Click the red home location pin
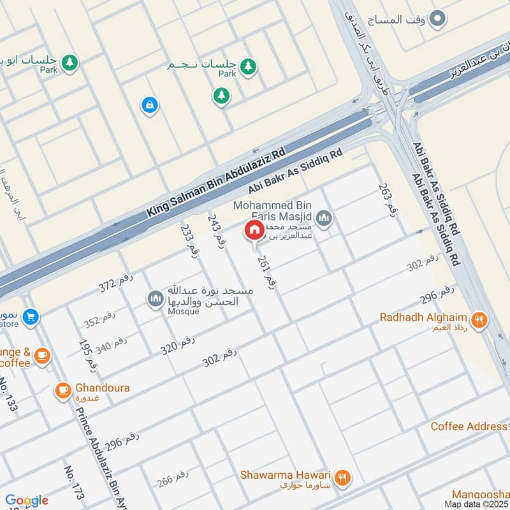pyautogui.click(x=254, y=230)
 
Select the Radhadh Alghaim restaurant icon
pyautogui.click(x=480, y=320)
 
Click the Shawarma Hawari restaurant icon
pyautogui.click(x=342, y=477)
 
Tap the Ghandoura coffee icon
pyautogui.click(x=62, y=390)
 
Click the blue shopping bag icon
pyautogui.click(x=149, y=105)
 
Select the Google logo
pyautogui.click(x=27, y=500)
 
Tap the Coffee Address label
pyautogui.click(x=469, y=426)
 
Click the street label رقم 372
pyautogui.click(x=114, y=285)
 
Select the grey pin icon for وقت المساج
pyautogui.click(x=437, y=19)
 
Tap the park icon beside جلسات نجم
pyautogui.click(x=247, y=66)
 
